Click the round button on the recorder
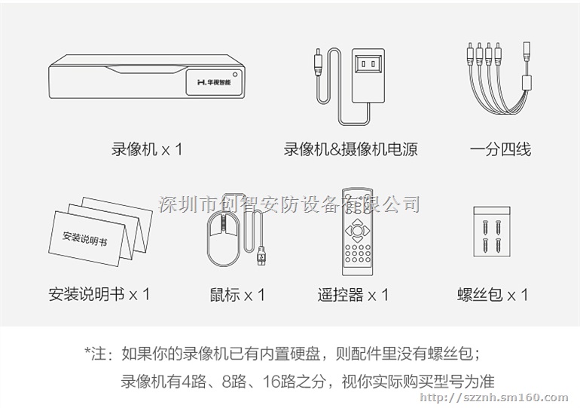click(x=235, y=75)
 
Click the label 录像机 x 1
click(x=147, y=149)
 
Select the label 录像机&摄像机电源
click(x=350, y=149)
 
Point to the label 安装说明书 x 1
click(x=99, y=293)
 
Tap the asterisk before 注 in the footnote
click(x=88, y=352)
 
